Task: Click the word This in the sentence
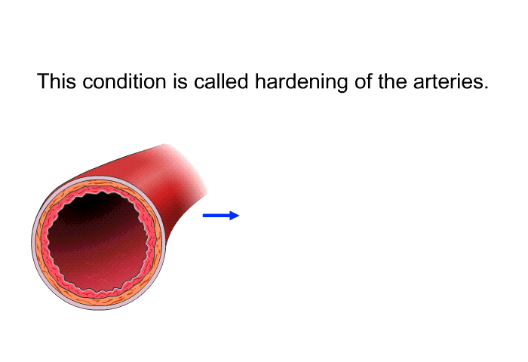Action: [57, 81]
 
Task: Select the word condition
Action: [124, 81]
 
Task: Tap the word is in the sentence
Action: [180, 81]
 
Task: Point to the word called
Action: [221, 81]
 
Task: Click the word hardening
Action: [302, 82]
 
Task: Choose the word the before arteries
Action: [392, 81]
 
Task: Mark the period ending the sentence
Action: [485, 87]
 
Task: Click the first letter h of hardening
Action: [260, 81]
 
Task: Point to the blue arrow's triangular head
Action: [235, 216]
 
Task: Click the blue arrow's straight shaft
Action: [216, 216]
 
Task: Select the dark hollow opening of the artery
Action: [97, 241]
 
